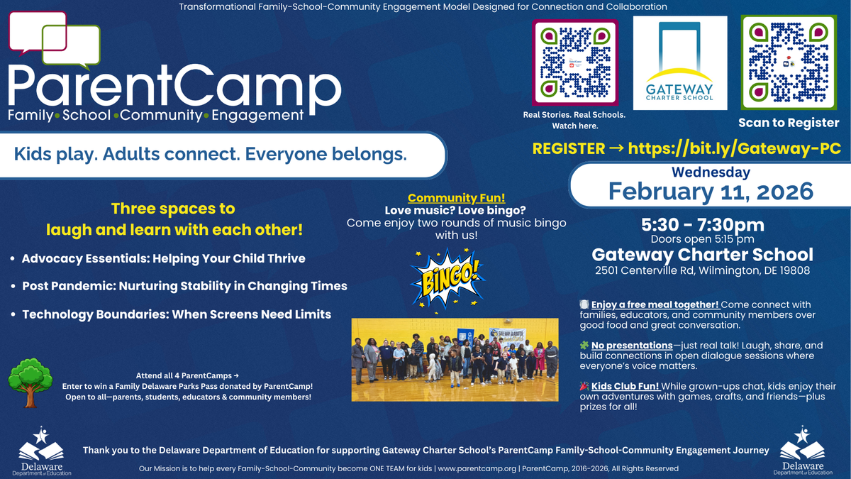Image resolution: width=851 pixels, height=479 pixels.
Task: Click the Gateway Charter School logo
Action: [680, 62]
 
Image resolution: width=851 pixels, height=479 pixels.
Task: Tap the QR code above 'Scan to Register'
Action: [789, 62]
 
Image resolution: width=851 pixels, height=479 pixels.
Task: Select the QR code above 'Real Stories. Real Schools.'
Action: [575, 62]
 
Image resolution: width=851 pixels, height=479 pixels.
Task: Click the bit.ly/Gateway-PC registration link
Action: [735, 148]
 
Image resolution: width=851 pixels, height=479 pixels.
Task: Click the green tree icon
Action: [30, 382]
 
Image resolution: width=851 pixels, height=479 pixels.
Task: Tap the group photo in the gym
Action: [455, 360]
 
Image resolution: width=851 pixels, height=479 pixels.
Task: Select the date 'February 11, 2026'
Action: [711, 191]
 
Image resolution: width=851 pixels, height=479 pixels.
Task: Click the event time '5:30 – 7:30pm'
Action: [703, 225]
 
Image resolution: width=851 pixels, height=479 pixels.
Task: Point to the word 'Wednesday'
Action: [711, 172]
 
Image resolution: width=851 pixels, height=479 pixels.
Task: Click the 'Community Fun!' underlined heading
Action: [456, 198]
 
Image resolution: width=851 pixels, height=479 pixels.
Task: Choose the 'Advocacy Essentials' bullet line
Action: [163, 258]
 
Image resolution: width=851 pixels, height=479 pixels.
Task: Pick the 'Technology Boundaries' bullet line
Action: [177, 314]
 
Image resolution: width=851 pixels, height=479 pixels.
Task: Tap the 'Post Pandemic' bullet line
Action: [184, 286]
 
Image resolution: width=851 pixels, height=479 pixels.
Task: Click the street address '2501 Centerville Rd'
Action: [645, 270]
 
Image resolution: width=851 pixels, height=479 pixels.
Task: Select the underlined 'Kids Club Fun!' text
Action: [625, 386]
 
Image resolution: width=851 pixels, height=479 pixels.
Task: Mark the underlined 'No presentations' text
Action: [632, 346]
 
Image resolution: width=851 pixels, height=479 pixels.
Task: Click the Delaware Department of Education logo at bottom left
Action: [41, 451]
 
